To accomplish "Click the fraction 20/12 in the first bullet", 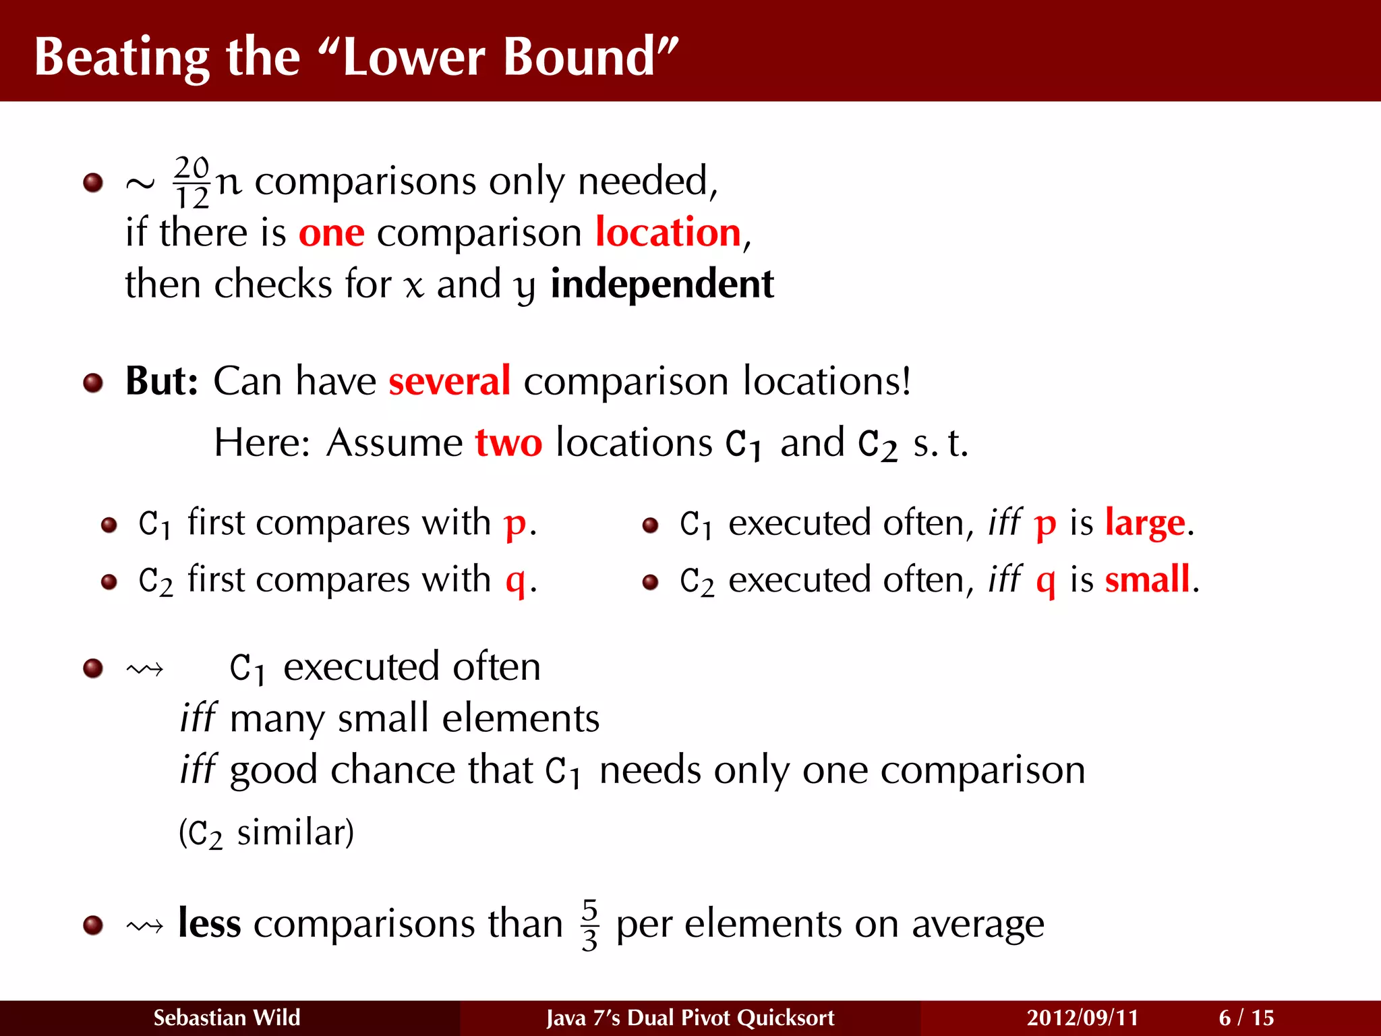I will tap(192, 182).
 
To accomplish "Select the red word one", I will tap(331, 233).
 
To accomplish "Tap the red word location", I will tap(668, 233).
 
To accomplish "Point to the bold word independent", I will tap(662, 284).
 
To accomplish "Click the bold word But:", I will tap(162, 381).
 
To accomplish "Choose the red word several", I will tap(449, 381).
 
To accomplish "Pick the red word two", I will tap(508, 443).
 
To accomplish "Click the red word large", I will tap(1144, 523).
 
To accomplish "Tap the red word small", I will tap(1147, 579).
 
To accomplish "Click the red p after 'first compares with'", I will tap(515, 524).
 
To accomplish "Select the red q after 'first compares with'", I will tap(515, 581).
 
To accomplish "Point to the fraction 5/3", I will tap(589, 924).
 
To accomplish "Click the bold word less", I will tap(209, 923).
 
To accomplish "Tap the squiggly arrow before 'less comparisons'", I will tap(144, 926).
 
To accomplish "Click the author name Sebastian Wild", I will tap(227, 1017).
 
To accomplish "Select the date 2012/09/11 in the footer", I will tap(1082, 1017).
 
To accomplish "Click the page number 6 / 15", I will tap(1246, 1017).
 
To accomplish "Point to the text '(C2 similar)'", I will tap(266, 833).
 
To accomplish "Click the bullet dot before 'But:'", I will tap(93, 383).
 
